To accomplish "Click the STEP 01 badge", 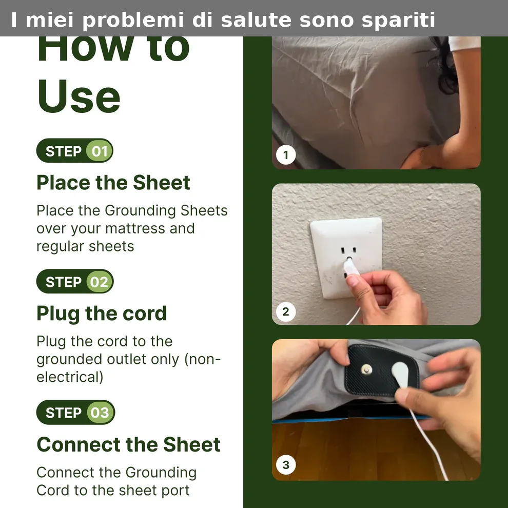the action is coord(75,151).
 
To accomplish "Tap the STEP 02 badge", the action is coord(75,282).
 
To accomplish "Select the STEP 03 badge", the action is coord(75,413).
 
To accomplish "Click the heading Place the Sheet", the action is coord(113,182).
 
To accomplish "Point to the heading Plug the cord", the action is coord(102,314).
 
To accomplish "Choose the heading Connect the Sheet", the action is coord(129,444).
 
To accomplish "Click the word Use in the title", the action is coord(79,96).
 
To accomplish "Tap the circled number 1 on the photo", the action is coord(286,155).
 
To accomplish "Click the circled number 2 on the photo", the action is coord(286,311).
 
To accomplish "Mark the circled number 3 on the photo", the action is coord(286,465).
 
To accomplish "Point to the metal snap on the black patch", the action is coord(366,369).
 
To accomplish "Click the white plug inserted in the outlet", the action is coord(351,267).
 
